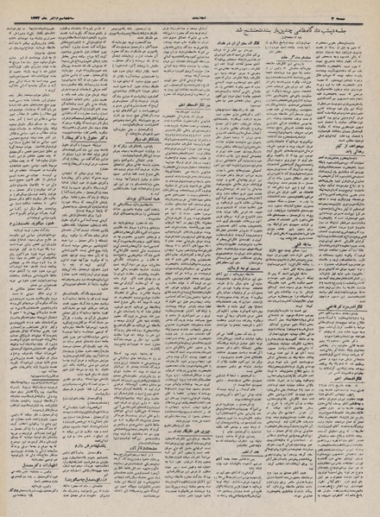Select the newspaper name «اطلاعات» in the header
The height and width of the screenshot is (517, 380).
(192, 6)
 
